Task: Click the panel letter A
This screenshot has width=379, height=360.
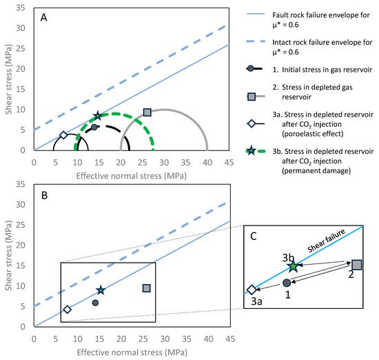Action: pyautogui.click(x=43, y=19)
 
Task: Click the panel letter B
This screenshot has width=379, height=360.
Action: pyautogui.click(x=43, y=195)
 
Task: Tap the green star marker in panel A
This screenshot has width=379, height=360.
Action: pyautogui.click(x=97, y=117)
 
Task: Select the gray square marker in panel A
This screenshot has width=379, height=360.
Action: pyautogui.click(x=147, y=112)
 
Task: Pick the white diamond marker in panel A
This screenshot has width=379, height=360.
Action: pyautogui.click(x=63, y=135)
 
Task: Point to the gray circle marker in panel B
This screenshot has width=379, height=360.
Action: pyautogui.click(x=95, y=302)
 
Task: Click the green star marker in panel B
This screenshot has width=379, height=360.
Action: pyautogui.click(x=101, y=290)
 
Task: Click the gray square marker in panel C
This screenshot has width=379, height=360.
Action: pyautogui.click(x=356, y=264)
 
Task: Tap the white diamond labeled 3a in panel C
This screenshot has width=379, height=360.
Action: pyautogui.click(x=252, y=290)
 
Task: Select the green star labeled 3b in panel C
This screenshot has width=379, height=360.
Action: pyautogui.click(x=294, y=266)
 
